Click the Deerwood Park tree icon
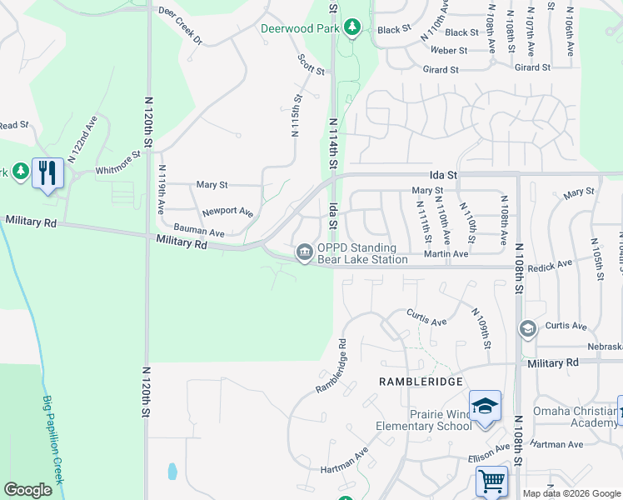point(352,27)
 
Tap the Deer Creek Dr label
point(181,28)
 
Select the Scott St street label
point(311,64)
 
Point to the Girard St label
point(441,70)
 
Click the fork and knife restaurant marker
point(47,173)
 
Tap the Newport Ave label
point(227,212)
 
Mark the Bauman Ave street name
point(199,229)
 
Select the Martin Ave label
point(446,253)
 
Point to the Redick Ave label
point(552,263)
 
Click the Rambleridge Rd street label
point(331,367)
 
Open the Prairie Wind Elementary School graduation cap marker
point(485,407)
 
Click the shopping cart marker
point(491,482)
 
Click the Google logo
point(27,490)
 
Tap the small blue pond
point(172,471)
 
